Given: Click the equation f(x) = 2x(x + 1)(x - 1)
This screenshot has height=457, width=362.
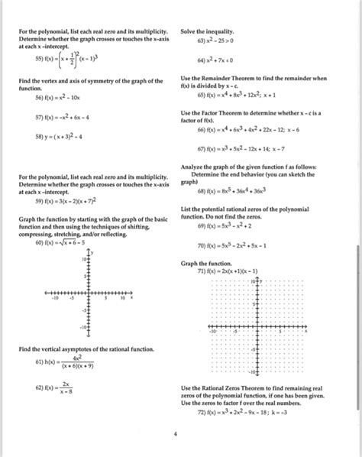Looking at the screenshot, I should [x=225, y=271].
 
